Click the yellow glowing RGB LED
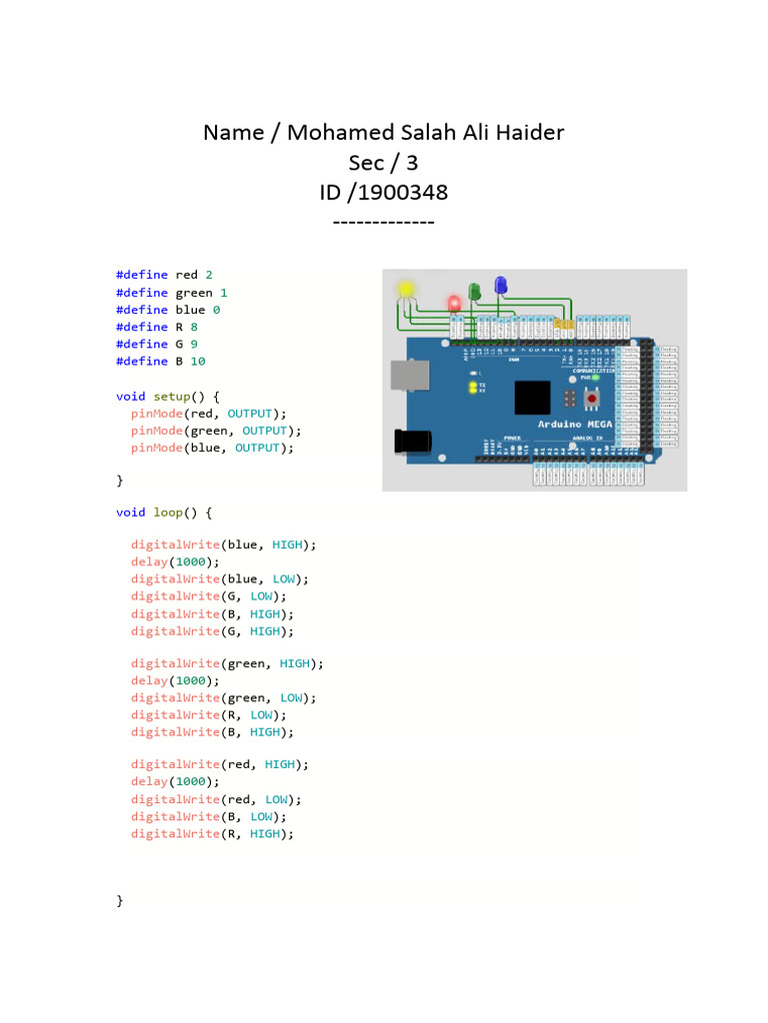pos(405,290)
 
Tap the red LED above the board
pos(454,303)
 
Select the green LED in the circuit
pos(475,291)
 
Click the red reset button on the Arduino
pos(592,399)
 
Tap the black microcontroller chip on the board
pos(532,397)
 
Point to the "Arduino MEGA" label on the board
pos(578,425)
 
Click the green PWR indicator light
pos(595,378)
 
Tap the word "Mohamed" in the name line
pos(335,132)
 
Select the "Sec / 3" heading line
pos(383,162)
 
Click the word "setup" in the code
pos(171,396)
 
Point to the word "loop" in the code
pos(167,512)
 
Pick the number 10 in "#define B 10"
pos(197,361)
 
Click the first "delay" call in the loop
pos(149,561)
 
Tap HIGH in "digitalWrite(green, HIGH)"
pos(295,663)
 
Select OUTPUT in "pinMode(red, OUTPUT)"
pos(249,413)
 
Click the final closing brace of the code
pos(120,900)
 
